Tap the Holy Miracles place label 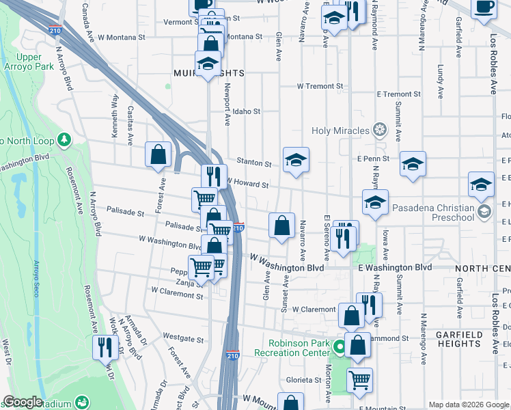click(x=340, y=131)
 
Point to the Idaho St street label click(x=247, y=111)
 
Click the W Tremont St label click(x=319, y=86)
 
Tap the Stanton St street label click(x=253, y=163)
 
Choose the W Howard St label click(x=247, y=184)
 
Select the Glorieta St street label click(x=303, y=380)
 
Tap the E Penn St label click(x=372, y=159)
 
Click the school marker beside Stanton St click(x=296, y=160)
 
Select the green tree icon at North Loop click(x=65, y=140)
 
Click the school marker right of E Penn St click(x=413, y=164)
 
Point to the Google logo click(x=23, y=402)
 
